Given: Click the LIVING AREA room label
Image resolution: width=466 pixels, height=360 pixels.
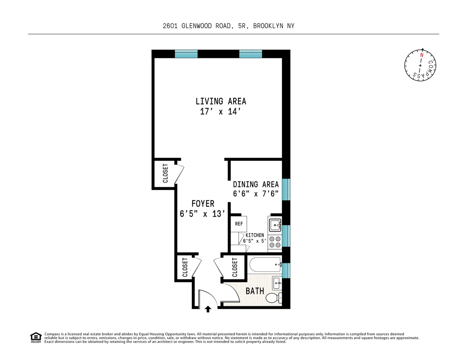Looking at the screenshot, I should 221,101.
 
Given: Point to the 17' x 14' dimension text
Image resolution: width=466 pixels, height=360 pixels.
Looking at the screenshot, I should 221,111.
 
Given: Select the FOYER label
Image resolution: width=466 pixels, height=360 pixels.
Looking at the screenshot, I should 203,203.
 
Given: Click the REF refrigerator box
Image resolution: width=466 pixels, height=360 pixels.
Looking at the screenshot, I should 239,224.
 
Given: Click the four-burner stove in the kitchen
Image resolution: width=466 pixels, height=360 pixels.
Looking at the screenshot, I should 275,242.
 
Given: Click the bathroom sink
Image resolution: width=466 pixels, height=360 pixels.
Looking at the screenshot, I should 277,282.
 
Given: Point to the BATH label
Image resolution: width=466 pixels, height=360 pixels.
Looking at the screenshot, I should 255,291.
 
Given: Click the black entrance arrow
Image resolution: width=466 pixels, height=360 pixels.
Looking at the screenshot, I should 208,309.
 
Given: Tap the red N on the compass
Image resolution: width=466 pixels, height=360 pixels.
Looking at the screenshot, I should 421,55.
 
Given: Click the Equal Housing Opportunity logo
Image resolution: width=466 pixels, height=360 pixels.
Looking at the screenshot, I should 35,337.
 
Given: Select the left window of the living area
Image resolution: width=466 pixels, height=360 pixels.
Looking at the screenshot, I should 186,54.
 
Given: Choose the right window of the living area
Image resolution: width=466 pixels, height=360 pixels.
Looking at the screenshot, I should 250,54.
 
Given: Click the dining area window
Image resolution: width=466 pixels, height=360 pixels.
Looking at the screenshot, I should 286,189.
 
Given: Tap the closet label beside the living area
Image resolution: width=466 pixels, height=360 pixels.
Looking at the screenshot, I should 165,174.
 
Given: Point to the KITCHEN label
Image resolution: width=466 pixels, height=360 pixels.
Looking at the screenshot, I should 254,235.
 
